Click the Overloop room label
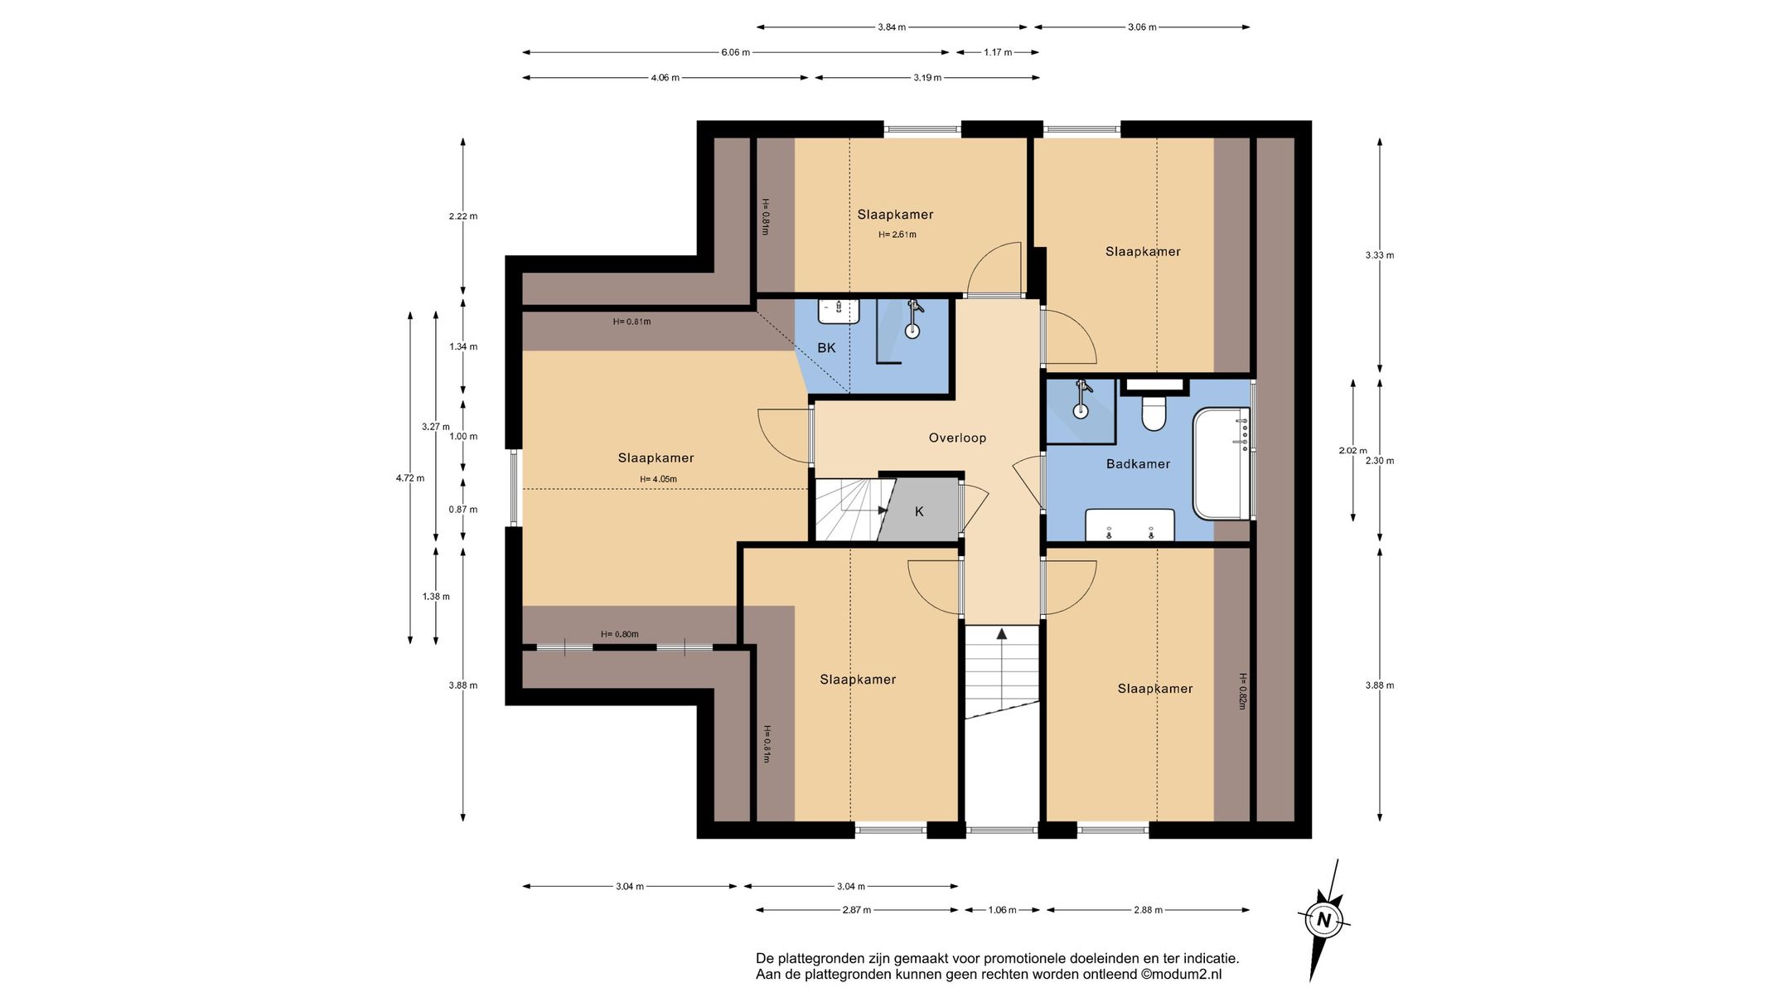(957, 438)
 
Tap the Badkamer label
(1138, 463)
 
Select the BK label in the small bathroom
(826, 348)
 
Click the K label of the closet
(919, 512)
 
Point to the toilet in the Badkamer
(1154, 412)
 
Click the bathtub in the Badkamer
(1222, 463)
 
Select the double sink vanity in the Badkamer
(1130, 525)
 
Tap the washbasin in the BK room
(839, 311)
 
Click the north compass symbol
(1323, 920)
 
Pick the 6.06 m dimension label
(735, 52)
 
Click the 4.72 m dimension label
(409, 478)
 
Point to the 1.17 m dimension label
(998, 52)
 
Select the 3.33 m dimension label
(1380, 255)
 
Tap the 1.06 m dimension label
(1002, 910)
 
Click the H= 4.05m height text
(658, 479)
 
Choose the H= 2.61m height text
(897, 235)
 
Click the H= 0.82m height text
(1242, 691)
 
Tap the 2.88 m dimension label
(1148, 910)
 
